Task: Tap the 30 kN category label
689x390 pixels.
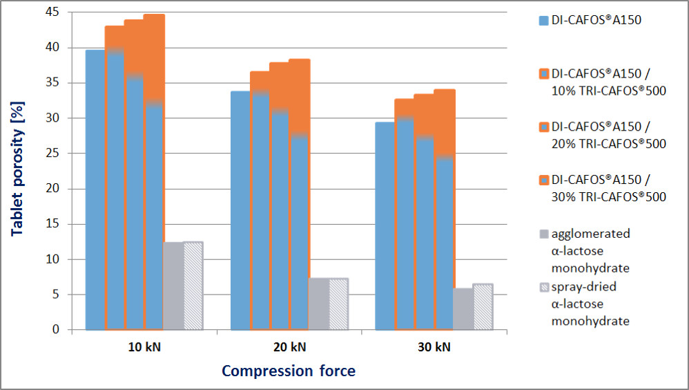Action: click(434, 347)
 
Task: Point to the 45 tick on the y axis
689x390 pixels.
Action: click(52, 12)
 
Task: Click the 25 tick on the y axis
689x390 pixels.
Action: click(52, 154)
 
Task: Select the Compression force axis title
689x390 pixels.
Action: click(289, 371)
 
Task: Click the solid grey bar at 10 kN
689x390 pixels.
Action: click(173, 286)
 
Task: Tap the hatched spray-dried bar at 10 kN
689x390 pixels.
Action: click(193, 286)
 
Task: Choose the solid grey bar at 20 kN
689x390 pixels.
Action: click(318, 304)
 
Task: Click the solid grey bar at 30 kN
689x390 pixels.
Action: click(463, 309)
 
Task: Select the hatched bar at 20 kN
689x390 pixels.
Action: click(338, 304)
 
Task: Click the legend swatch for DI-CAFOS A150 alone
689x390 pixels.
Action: click(543, 20)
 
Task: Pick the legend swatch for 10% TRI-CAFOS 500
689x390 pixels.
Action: click(543, 73)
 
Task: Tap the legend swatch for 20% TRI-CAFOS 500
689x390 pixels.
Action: click(543, 127)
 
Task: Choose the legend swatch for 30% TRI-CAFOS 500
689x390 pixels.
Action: click(543, 180)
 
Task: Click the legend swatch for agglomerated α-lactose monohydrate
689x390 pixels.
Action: click(543, 234)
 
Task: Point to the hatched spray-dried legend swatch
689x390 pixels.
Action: click(543, 287)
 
